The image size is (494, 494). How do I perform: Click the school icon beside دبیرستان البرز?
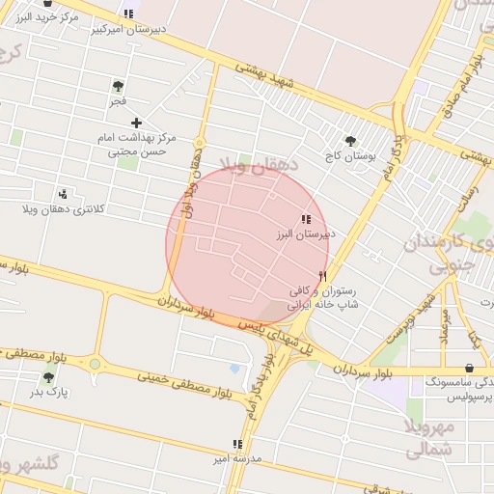[306, 219]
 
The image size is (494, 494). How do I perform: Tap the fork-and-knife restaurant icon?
[322, 276]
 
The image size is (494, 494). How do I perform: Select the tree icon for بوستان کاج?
[350, 140]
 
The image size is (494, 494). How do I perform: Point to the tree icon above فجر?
[118, 86]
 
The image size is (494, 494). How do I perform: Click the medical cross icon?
[136, 123]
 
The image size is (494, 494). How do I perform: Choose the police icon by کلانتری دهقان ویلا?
[63, 194]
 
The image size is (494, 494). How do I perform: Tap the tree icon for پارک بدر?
[48, 377]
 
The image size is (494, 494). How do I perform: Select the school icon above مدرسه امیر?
[236, 445]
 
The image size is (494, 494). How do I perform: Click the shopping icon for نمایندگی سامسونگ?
[470, 368]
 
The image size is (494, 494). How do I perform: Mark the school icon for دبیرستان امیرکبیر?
[129, 14]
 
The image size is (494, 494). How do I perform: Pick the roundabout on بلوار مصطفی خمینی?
[95, 365]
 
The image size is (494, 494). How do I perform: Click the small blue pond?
[235, 369]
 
